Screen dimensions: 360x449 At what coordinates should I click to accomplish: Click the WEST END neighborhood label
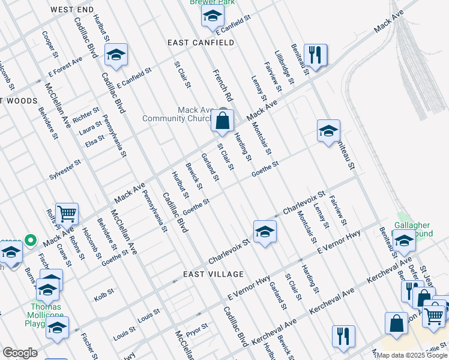[x=72, y=10]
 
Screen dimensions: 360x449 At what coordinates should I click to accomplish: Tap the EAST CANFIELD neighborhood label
[x=200, y=43]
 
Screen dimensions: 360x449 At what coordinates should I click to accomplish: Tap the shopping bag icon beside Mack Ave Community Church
[x=222, y=121]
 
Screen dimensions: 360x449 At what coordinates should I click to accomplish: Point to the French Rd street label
[x=222, y=85]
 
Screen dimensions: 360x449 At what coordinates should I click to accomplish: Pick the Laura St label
[x=91, y=127]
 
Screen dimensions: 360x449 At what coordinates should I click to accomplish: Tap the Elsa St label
[x=95, y=141]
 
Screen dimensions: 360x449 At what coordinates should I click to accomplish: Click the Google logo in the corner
[x=20, y=353]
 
